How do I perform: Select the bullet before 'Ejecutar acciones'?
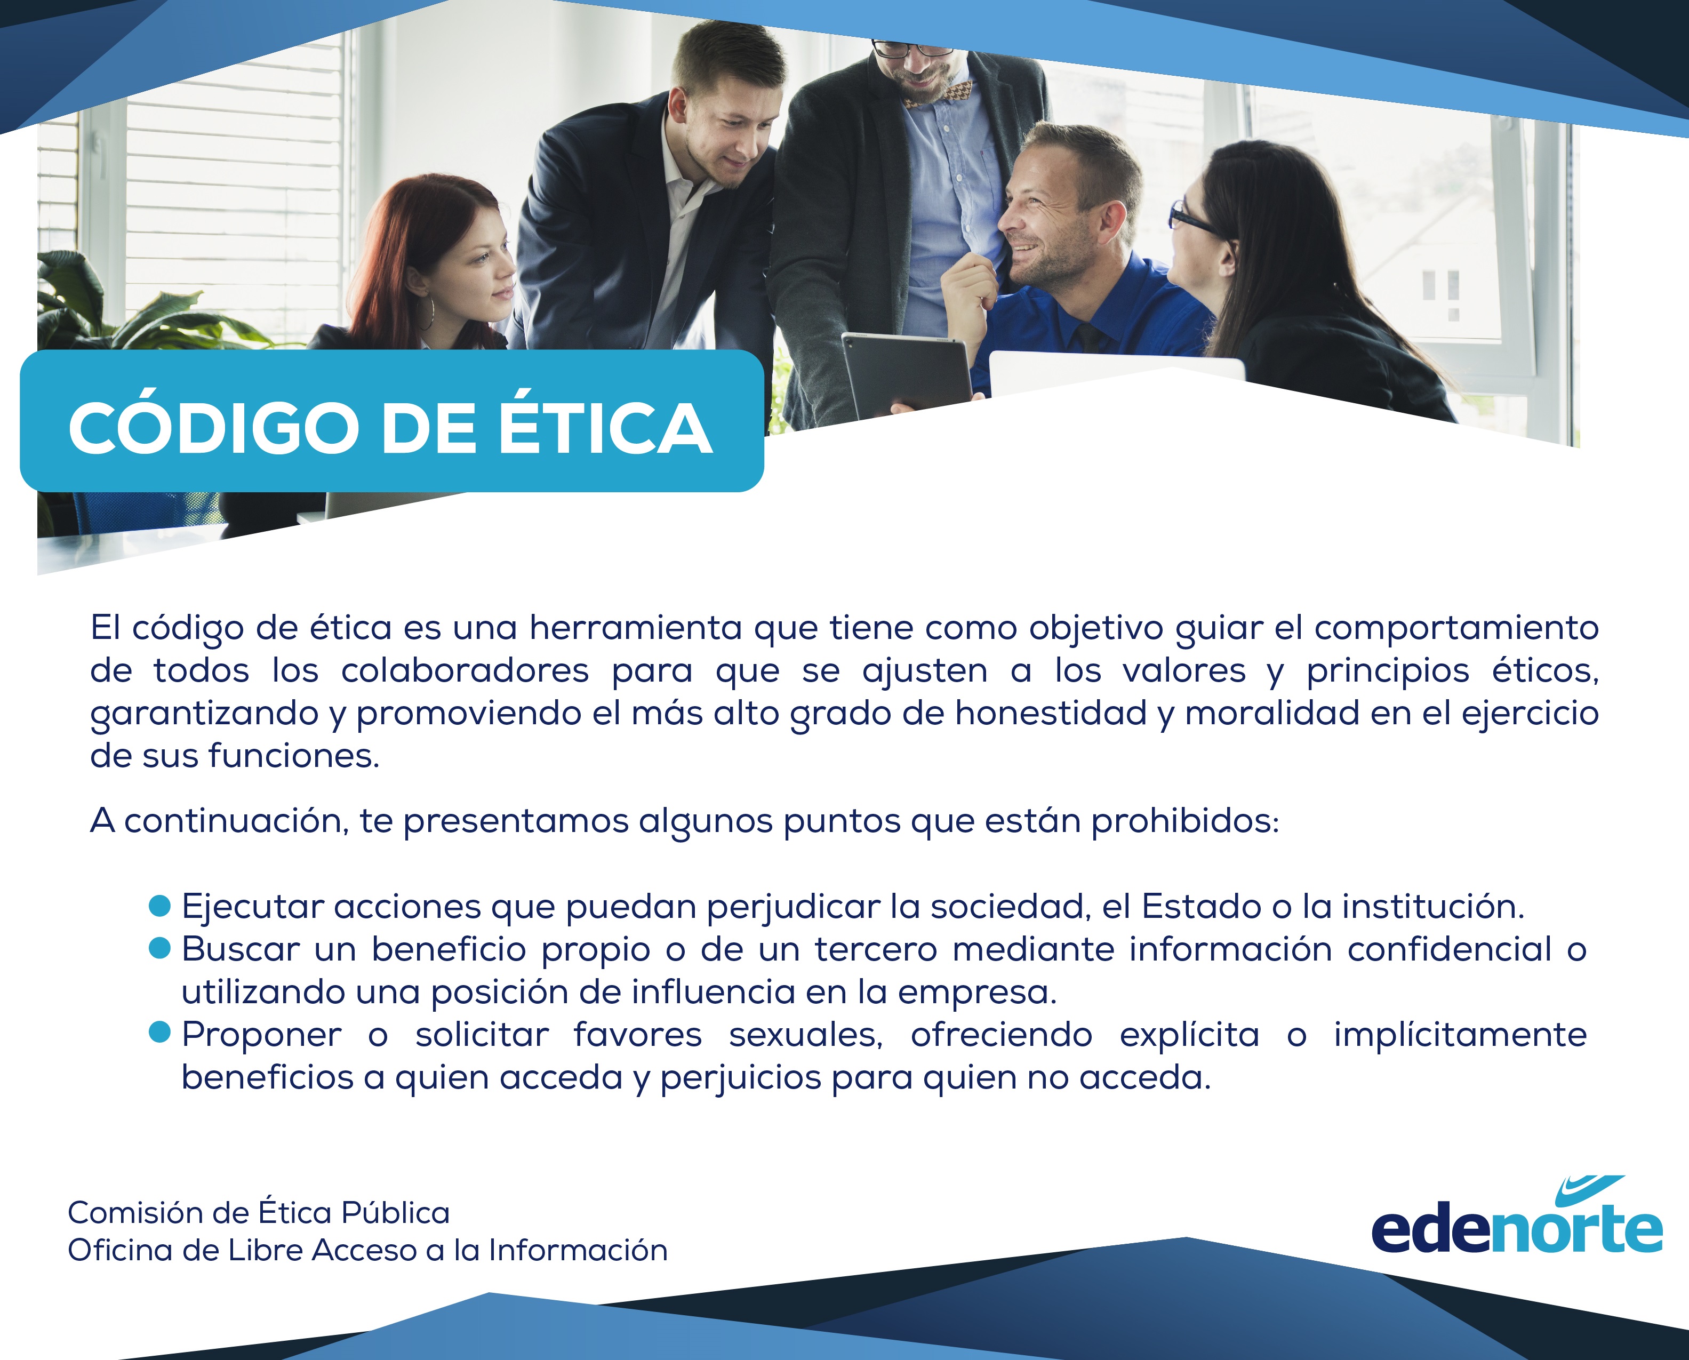(x=160, y=906)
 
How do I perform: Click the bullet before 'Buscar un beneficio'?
(x=160, y=948)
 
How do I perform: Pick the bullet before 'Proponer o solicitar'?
(x=160, y=1033)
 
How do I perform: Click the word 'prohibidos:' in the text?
(x=1185, y=821)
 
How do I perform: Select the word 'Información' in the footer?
(x=578, y=1250)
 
